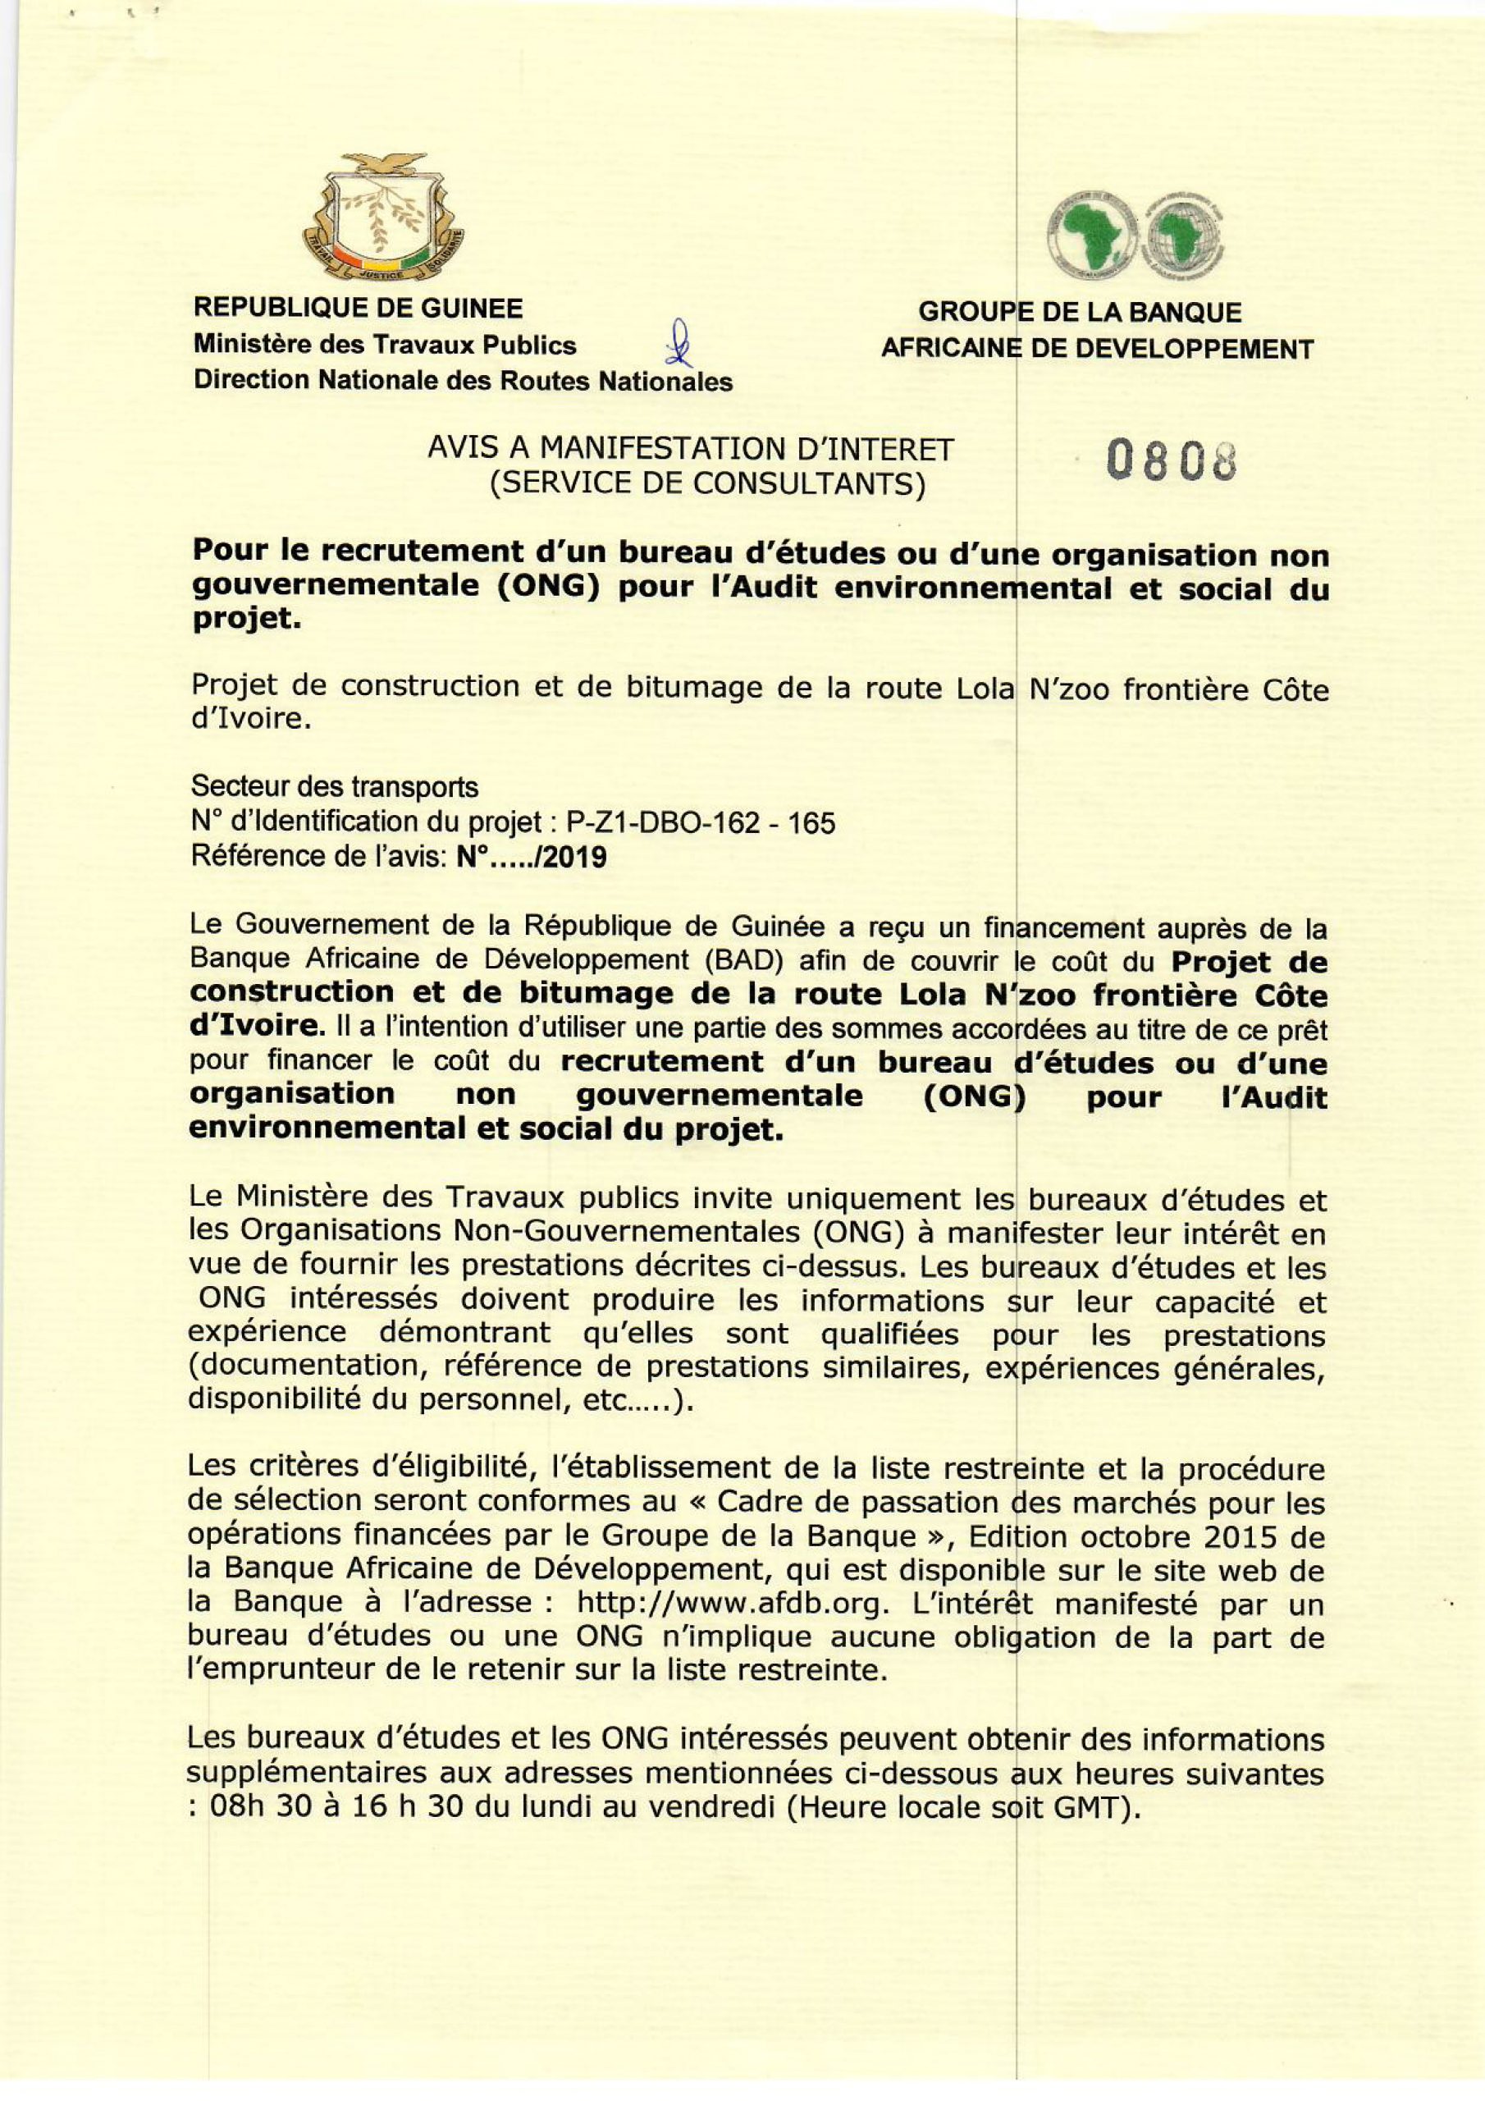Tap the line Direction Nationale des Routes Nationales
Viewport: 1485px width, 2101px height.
pos(463,381)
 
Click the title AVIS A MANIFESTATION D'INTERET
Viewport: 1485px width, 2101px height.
pos(691,449)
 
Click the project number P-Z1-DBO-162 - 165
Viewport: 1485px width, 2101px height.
pos(701,823)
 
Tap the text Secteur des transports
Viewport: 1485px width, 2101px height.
pos(335,786)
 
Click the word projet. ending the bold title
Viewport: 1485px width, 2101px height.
pos(245,620)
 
